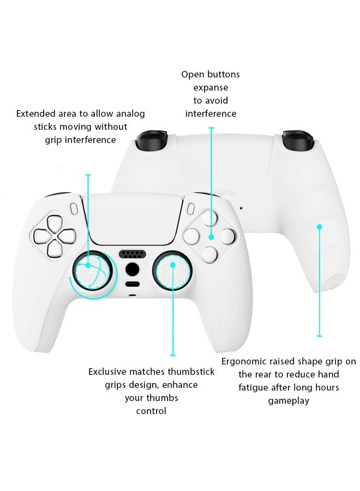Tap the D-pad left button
click(x=41, y=237)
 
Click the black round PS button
click(x=131, y=270)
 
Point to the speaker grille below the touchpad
click(x=131, y=254)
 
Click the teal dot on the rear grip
click(x=320, y=227)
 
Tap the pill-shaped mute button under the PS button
click(x=131, y=284)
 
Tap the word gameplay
click(x=289, y=400)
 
